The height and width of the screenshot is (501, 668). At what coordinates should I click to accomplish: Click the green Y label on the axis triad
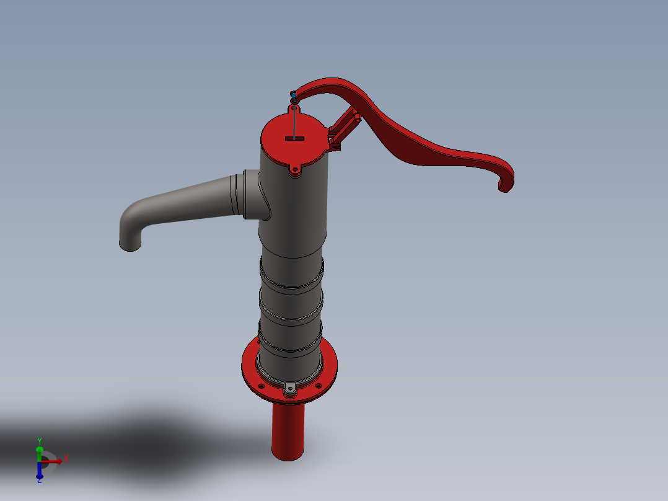[x=39, y=441]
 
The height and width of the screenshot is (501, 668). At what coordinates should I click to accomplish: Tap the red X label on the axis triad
[x=66, y=459]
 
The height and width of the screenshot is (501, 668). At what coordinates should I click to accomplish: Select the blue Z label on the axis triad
[x=39, y=481]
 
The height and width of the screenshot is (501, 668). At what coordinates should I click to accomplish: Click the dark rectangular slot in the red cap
[x=294, y=138]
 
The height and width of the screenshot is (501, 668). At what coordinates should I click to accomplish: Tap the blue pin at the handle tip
[x=293, y=94]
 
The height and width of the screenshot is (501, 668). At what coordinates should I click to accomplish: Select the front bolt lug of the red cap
[x=294, y=171]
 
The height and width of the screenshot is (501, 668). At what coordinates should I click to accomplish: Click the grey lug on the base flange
[x=290, y=389]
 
